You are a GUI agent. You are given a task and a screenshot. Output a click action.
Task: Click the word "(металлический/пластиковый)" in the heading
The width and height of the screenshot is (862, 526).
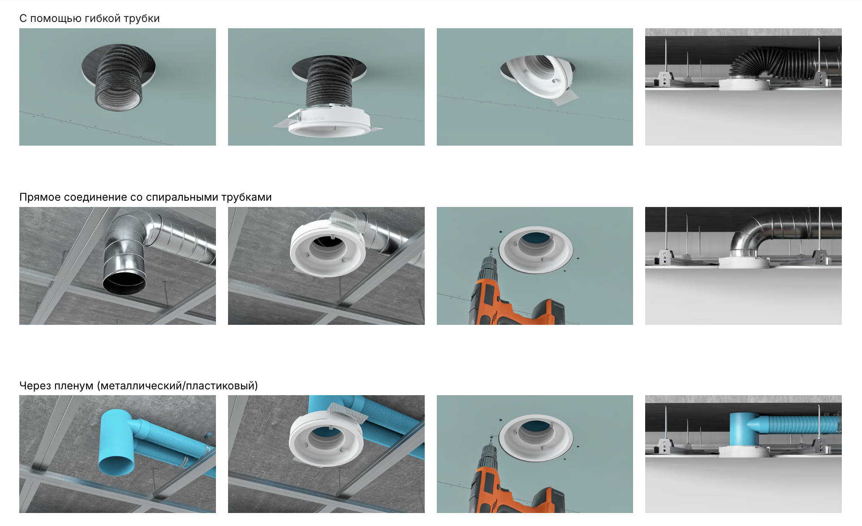pyautogui.click(x=177, y=386)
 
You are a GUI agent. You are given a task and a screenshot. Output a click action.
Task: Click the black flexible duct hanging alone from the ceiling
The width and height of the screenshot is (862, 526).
pyautogui.click(x=119, y=77)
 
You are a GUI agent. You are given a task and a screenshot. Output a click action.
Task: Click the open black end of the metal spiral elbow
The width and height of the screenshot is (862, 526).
pyautogui.click(x=124, y=283)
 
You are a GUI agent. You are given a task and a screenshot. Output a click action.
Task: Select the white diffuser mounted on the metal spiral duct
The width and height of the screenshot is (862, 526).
pyautogui.click(x=328, y=246)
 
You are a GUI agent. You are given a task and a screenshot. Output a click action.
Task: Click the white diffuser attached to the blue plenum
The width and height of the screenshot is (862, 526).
pyautogui.click(x=327, y=435)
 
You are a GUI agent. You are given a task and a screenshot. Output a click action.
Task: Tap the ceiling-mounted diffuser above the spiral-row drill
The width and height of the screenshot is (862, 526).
pyautogui.click(x=536, y=250)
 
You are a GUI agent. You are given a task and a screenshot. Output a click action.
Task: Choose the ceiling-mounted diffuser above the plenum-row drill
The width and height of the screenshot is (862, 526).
pyautogui.click(x=536, y=438)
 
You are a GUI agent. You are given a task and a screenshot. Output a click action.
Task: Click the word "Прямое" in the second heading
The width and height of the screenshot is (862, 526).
pyautogui.click(x=40, y=198)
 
